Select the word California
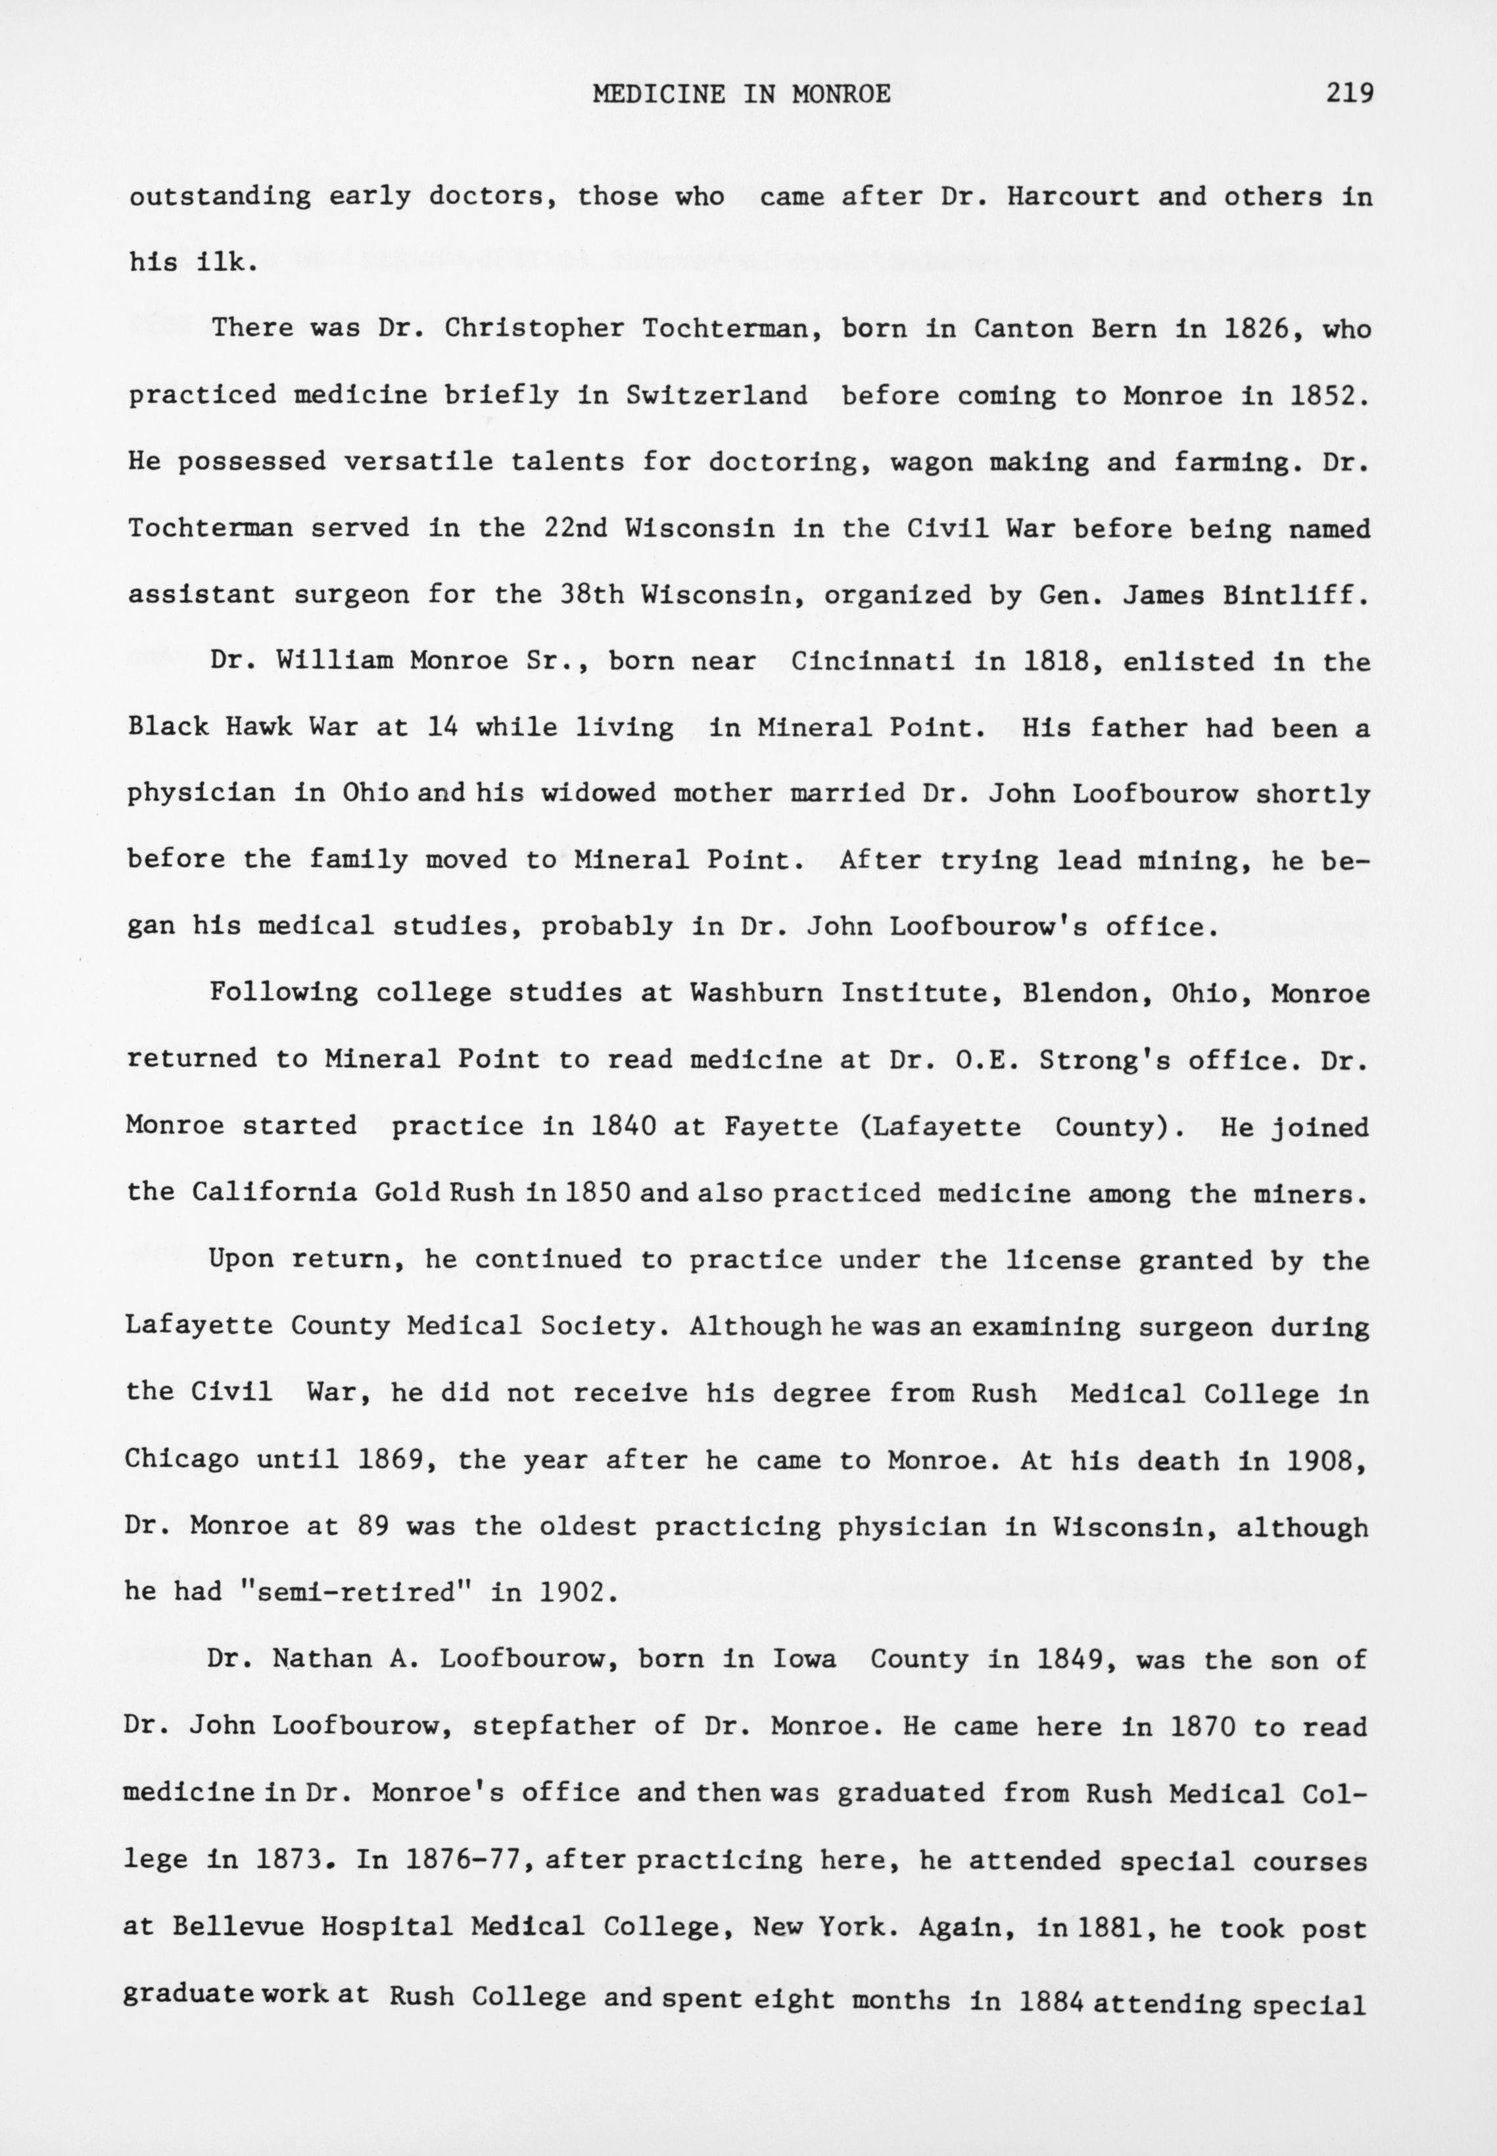click(x=274, y=1193)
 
